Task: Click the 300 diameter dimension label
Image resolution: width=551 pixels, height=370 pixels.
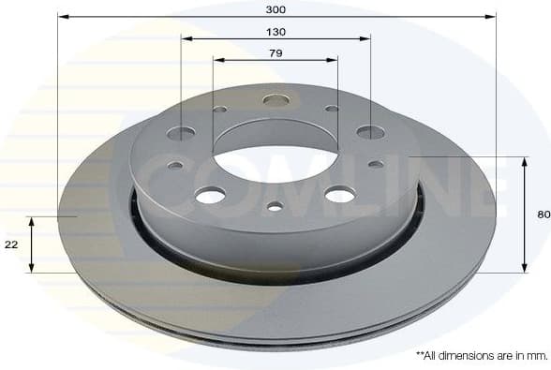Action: point(275,8)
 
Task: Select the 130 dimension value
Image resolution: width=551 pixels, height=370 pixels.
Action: point(275,31)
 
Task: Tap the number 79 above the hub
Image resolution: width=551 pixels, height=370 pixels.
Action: point(275,52)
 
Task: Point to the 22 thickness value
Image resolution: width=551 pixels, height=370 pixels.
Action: point(11,244)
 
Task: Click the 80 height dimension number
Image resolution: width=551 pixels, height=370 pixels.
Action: point(543,215)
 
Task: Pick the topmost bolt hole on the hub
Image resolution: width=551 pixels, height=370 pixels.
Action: point(275,99)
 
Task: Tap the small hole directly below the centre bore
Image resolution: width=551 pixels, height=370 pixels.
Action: point(275,207)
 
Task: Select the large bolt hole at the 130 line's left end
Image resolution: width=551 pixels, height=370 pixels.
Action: point(182,132)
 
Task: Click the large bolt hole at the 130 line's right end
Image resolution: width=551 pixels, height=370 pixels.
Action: point(370,132)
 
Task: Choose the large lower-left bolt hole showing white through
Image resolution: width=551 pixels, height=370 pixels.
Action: point(210,195)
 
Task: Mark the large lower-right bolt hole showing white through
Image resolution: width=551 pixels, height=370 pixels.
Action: point(339,194)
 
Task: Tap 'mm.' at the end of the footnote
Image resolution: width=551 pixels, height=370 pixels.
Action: point(536,356)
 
